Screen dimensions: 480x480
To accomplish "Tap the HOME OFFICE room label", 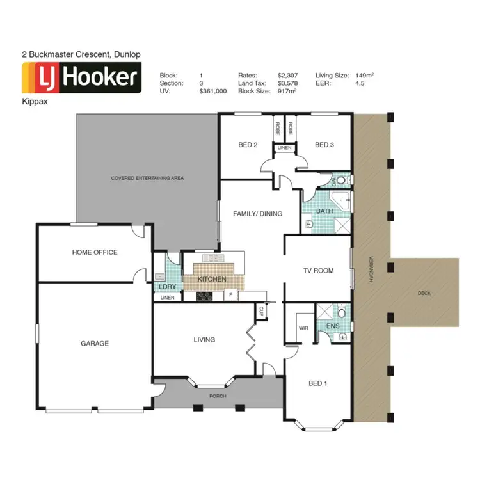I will tap(95, 252).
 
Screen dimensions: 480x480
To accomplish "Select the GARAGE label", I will tap(95, 344).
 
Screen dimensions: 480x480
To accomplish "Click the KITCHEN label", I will tap(212, 280).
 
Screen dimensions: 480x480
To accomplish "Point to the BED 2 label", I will tap(248, 145).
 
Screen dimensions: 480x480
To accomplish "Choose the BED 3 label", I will tap(324, 145).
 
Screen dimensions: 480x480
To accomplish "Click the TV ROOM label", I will tap(319, 271).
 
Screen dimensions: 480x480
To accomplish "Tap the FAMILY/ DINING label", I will tap(258, 214).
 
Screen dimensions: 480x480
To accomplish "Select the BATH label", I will tap(325, 211).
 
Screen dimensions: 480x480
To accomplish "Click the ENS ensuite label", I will tap(333, 326).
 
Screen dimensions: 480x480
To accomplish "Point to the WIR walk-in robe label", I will tap(303, 328).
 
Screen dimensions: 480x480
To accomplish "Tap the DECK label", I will tap(424, 293).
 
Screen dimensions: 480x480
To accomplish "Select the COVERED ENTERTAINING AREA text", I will tap(147, 178).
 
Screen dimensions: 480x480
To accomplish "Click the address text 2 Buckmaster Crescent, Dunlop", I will tap(81, 56).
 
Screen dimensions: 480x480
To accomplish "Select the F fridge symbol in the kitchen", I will tap(230, 296).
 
